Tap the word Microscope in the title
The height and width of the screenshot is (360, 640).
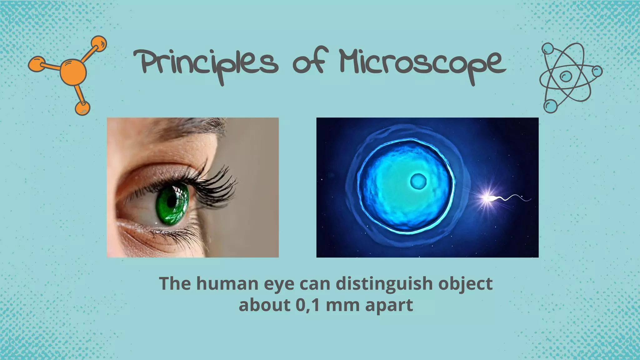[422, 62]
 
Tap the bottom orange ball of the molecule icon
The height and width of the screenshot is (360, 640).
[82, 108]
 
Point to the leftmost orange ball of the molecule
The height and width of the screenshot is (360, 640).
[35, 64]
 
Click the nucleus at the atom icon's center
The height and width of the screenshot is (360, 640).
[566, 76]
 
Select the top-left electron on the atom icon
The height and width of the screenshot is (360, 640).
[547, 49]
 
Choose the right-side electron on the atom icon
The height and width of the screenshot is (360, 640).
[597, 71]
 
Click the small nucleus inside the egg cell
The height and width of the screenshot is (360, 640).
[418, 181]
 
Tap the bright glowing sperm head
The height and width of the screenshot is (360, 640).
[487, 198]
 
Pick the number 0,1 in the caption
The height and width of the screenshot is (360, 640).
[307, 305]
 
